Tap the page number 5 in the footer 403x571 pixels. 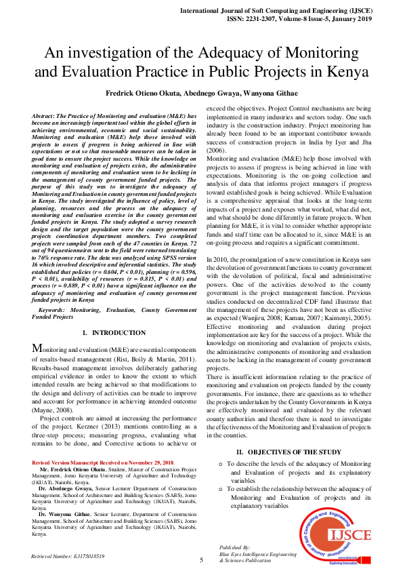tap(201, 559)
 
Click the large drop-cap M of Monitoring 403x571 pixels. tap(38, 349)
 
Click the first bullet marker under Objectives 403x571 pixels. tap(221, 464)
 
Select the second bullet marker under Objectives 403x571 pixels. tap(221, 489)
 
